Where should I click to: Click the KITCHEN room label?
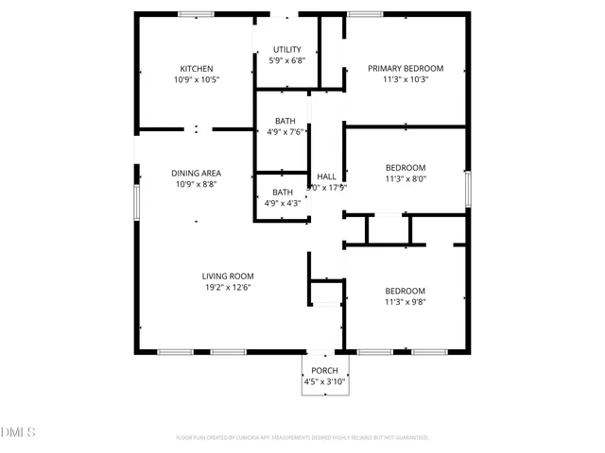[197, 69]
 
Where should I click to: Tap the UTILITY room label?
[287, 50]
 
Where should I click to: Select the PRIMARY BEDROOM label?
[406, 69]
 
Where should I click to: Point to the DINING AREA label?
[196, 173]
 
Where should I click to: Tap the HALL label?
[326, 176]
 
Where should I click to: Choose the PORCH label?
[324, 371]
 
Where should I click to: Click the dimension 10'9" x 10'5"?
[197, 81]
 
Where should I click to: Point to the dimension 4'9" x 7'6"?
[285, 133]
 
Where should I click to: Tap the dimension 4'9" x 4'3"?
[285, 204]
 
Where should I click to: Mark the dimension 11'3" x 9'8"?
[405, 303]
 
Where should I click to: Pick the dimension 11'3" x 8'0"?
[405, 179]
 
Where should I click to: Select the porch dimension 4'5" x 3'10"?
[324, 383]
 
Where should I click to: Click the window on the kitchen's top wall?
[197, 13]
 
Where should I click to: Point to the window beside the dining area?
[137, 201]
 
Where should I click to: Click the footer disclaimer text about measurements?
[302, 438]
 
